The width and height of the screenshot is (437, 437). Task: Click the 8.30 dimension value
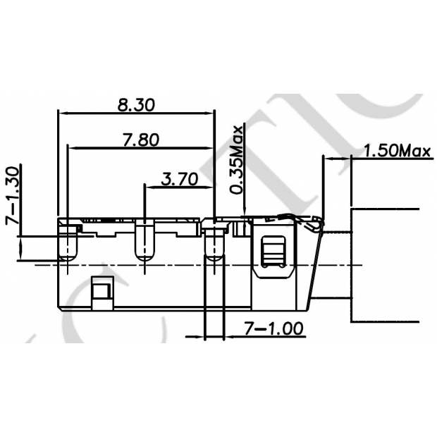tap(135, 104)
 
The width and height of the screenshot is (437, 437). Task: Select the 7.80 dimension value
tap(140, 140)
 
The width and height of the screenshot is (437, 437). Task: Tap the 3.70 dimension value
tap(178, 179)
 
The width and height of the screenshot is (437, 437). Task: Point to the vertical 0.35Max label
tap(238, 159)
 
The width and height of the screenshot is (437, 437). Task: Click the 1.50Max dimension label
tap(396, 151)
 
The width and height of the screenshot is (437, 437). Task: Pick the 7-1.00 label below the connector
tap(273, 328)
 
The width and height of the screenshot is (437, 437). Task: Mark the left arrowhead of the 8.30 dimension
tap(61, 113)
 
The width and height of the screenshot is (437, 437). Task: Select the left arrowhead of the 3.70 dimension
tap(148, 187)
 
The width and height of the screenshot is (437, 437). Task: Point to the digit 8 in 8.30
tap(123, 104)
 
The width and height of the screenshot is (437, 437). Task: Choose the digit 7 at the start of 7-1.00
tap(249, 328)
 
